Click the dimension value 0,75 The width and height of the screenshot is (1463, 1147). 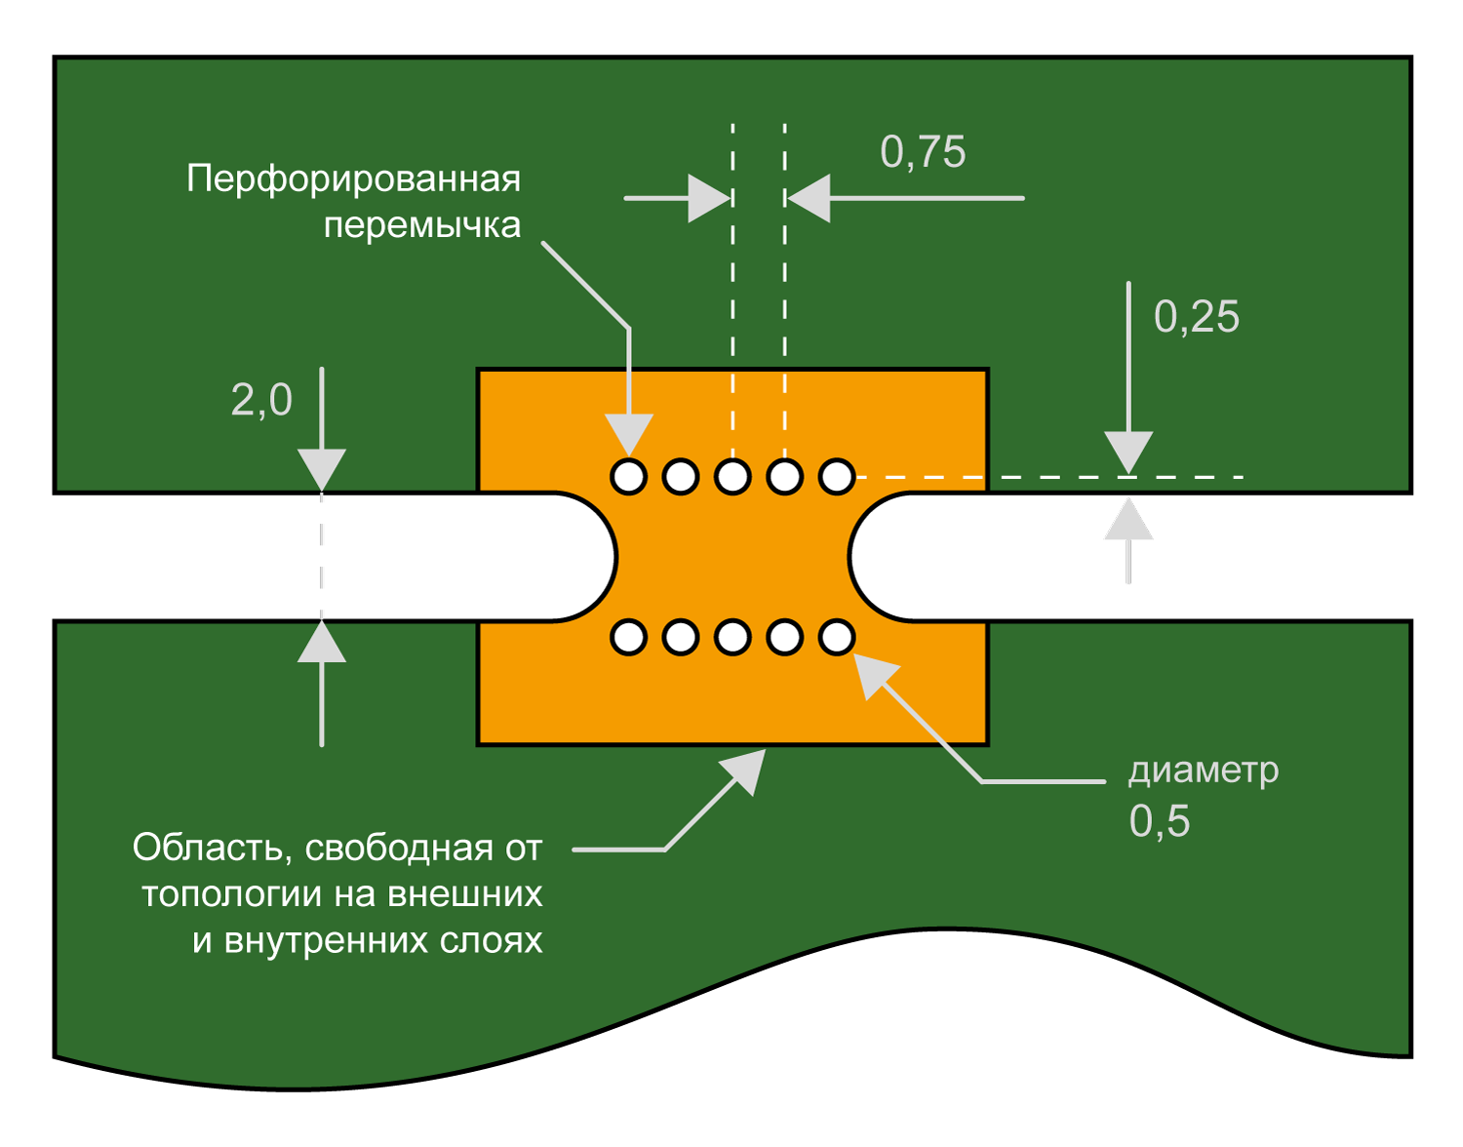pos(923,152)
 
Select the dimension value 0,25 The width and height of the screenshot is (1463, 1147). pos(1197,316)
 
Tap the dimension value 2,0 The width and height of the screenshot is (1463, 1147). pos(261,401)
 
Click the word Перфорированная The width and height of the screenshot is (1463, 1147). pos(353,180)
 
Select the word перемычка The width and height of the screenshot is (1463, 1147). pos(422,226)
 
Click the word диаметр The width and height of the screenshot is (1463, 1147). pos(1204,771)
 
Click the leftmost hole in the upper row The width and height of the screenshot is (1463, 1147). pos(628,477)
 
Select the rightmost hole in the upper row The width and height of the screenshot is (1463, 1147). pos(837,477)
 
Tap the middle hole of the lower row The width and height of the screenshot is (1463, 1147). pos(732,637)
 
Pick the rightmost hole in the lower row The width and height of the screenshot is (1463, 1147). pos(837,637)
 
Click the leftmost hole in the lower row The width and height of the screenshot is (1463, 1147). pos(628,637)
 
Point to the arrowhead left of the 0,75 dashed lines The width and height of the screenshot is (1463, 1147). pos(709,199)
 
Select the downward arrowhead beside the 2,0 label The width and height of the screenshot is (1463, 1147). pos(322,470)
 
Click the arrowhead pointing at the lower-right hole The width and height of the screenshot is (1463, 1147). pos(875,675)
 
